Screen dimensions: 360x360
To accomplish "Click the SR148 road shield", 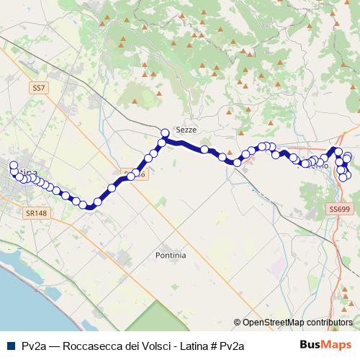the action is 34,214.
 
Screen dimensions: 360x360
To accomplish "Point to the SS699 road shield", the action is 338,209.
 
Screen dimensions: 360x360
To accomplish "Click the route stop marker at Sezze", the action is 165,132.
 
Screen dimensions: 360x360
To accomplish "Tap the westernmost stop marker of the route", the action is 13,166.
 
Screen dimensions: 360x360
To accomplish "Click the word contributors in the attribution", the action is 329,323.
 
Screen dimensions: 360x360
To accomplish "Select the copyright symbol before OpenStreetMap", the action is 237,323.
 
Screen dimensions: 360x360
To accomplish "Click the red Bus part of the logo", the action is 313,345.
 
